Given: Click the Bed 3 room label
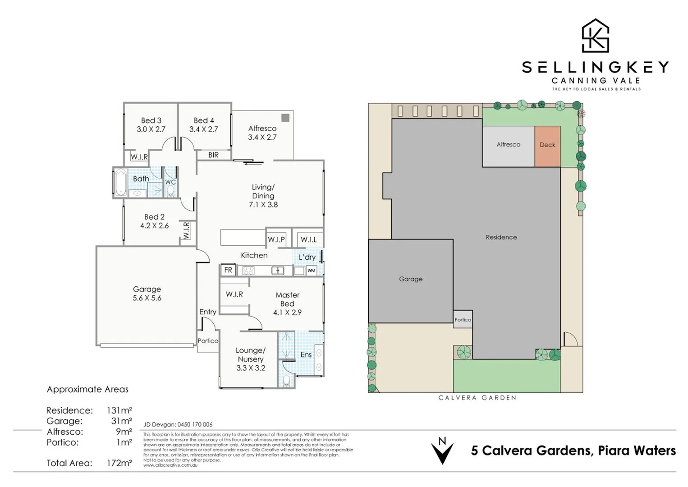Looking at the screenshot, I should point(151,120).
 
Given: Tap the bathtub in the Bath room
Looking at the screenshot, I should point(120,182).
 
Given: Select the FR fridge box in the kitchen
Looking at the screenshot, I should point(228,270).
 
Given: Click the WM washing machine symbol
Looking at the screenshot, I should point(311,271).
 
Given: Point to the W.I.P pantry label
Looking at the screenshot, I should point(276,239).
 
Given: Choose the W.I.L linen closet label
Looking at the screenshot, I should point(308,239).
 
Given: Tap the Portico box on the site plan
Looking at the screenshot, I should point(463,319).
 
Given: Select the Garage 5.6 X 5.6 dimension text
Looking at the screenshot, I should point(147,298).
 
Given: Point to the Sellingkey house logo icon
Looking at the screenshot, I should point(595,36).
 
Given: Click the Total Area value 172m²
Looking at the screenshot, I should point(119,463).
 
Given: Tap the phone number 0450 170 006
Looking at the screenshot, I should point(195,424).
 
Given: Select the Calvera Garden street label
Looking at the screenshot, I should point(477,398).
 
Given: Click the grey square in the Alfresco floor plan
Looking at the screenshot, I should point(285,118).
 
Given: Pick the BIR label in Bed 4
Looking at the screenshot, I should point(213,155).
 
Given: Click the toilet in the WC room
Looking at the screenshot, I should point(170,191).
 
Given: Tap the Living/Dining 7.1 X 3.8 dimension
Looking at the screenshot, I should point(263,204).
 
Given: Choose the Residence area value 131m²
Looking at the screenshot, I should point(119,410).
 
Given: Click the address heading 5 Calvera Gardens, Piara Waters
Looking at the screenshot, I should point(573,450).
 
